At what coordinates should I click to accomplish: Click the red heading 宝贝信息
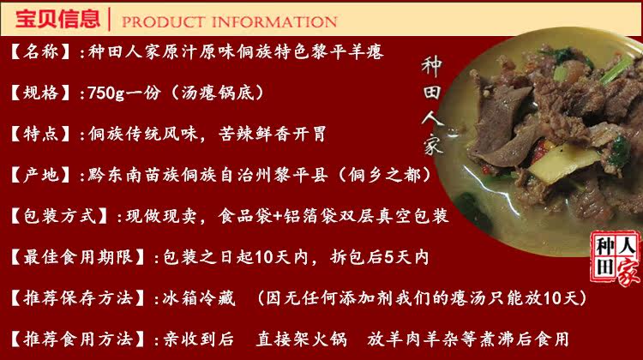pyautogui.click(x=57, y=19)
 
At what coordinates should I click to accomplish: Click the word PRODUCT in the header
pyautogui.click(x=164, y=21)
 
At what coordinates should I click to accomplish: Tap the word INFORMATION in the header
pyautogui.click(x=274, y=21)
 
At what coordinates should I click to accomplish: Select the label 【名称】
pyautogui.click(x=40, y=52)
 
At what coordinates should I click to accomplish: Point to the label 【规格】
pyautogui.click(x=40, y=93)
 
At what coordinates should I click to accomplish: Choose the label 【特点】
pyautogui.click(x=40, y=134)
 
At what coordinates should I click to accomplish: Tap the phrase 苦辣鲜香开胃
pyautogui.click(x=273, y=134)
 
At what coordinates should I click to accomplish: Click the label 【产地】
pyautogui.click(x=40, y=175)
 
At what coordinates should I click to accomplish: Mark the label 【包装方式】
pyautogui.click(x=59, y=216)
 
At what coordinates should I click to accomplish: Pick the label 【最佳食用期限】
pyautogui.click(x=77, y=257)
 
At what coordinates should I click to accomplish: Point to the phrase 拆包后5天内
pyautogui.click(x=379, y=257)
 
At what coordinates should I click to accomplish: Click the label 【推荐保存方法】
pyautogui.click(x=77, y=298)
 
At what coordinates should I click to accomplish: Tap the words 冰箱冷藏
pyautogui.click(x=199, y=298)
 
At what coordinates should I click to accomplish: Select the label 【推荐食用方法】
pyautogui.click(x=77, y=339)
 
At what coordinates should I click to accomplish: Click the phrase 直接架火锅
pyautogui.click(x=302, y=339)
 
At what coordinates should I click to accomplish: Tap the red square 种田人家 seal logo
pyautogui.click(x=615, y=257)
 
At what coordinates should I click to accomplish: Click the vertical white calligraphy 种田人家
pyautogui.click(x=433, y=105)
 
